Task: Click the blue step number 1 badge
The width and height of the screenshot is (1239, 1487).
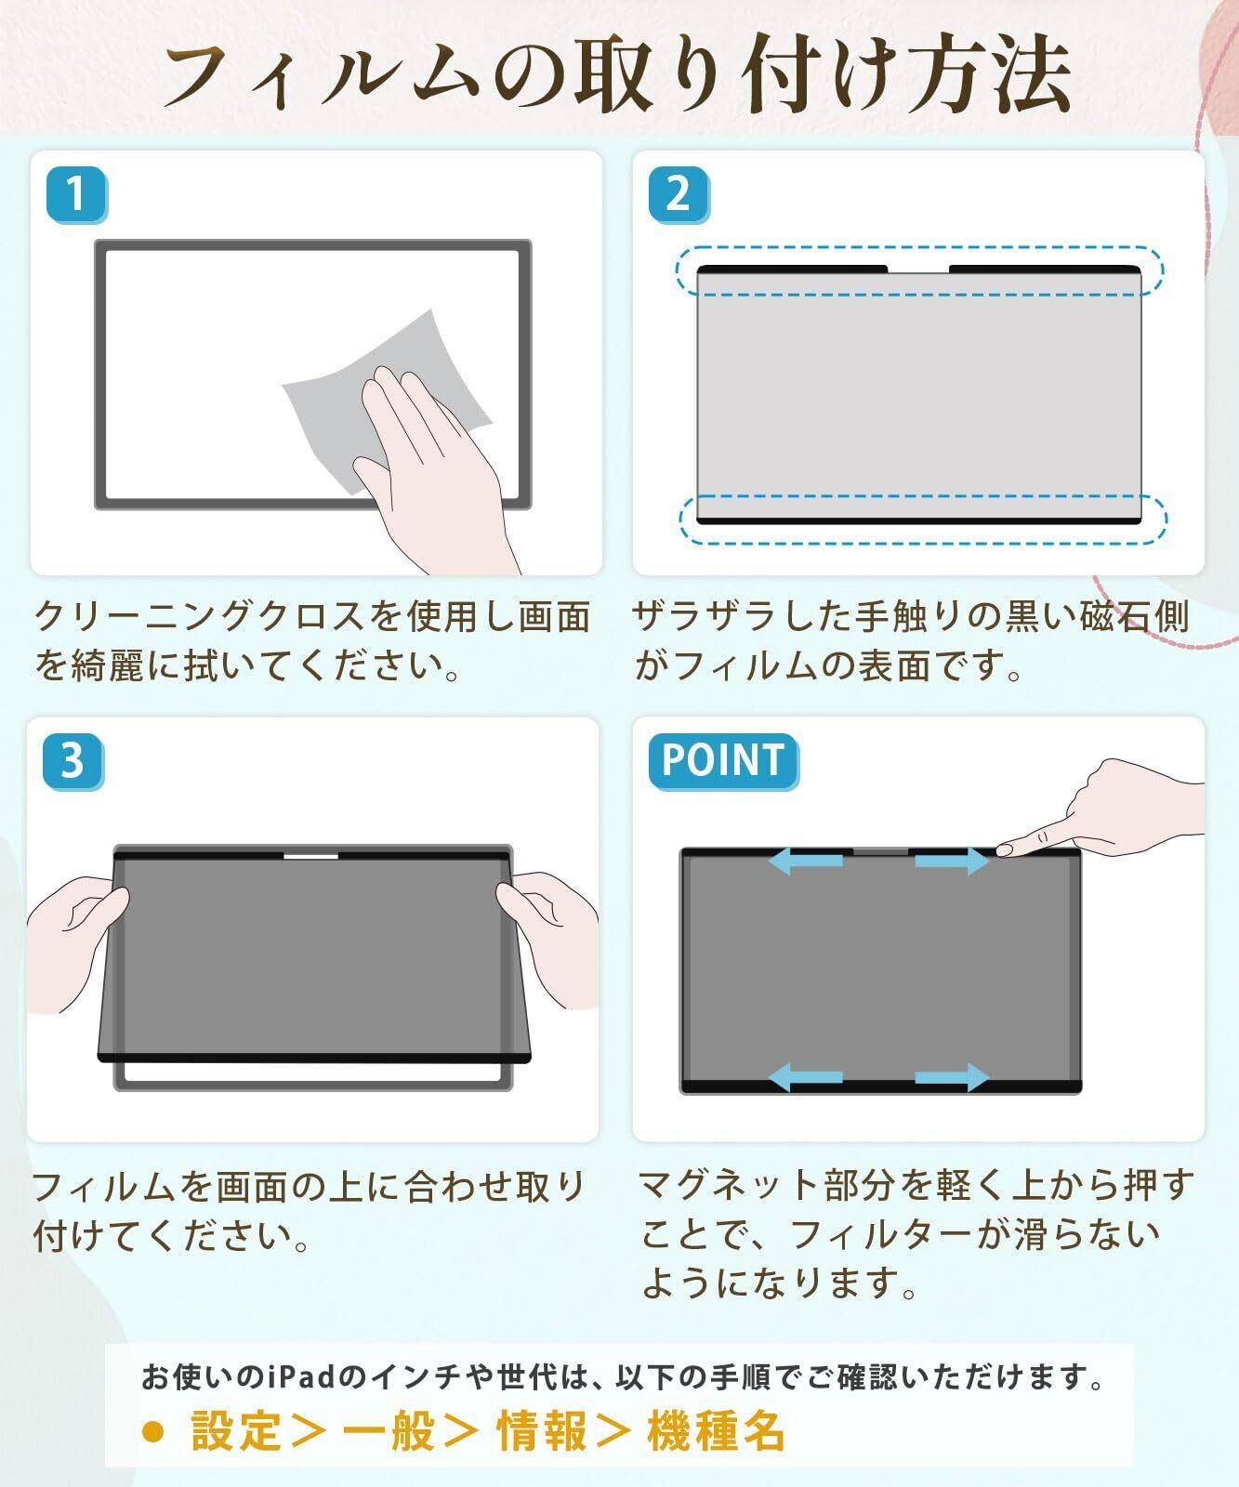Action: (x=76, y=195)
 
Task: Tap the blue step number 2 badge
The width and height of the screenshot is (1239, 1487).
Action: (x=679, y=195)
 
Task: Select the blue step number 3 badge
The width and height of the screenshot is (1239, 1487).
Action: (x=72, y=761)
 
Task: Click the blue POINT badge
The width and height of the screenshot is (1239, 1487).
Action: (x=723, y=761)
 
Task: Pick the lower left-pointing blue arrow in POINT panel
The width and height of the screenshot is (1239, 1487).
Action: (x=805, y=1078)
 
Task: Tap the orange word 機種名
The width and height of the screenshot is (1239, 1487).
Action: (x=717, y=1430)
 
